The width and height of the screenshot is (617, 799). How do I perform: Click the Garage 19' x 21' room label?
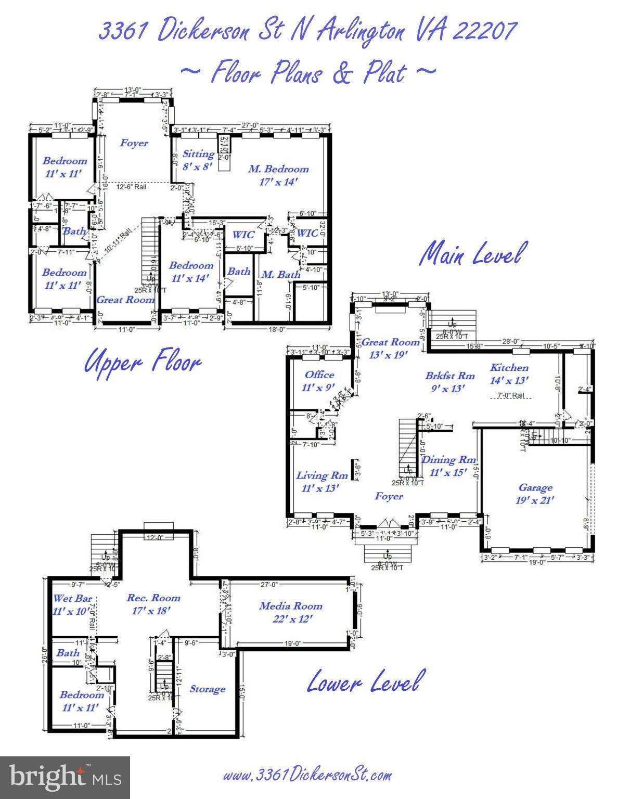point(535,494)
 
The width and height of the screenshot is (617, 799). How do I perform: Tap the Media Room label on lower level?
point(291,612)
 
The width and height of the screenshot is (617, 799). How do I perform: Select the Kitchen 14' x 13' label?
point(509,373)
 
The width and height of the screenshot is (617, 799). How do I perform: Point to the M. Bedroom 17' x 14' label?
point(278,175)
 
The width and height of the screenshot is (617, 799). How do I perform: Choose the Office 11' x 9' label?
point(319,381)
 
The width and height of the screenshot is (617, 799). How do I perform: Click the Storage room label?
point(207,689)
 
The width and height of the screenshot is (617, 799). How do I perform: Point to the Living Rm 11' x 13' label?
point(322,482)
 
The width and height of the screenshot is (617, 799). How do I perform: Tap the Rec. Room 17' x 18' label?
point(153,604)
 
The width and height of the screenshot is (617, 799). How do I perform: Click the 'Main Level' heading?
point(470,254)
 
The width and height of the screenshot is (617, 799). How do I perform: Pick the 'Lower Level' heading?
point(363,681)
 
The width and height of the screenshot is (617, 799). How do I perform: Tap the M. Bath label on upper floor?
point(280,274)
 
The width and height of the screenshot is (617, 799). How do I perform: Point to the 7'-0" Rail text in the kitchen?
point(511,396)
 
